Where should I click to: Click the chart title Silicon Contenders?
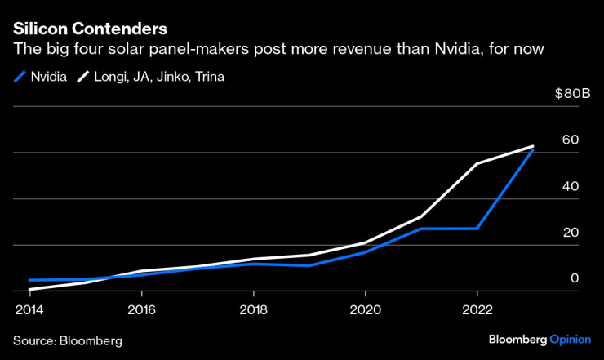coord(91,29)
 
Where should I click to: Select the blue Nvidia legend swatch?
coord(19,78)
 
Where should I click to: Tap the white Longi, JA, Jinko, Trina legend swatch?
coord(83,78)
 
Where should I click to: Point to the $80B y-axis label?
coord(571,95)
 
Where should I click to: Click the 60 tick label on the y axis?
coord(571,140)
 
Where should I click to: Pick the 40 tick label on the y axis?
coord(571,186)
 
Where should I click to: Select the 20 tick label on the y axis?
coord(571,233)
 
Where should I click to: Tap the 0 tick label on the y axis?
coord(575,278)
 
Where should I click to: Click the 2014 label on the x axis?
coord(29,310)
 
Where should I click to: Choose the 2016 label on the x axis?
coord(141,310)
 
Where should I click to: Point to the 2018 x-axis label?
coord(253,310)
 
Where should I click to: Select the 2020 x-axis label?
coord(365,310)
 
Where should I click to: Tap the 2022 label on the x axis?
coord(477,310)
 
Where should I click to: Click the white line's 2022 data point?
coord(477,164)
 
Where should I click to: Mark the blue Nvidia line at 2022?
coord(477,229)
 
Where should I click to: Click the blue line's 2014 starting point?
coord(30,280)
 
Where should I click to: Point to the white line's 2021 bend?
coord(421,216)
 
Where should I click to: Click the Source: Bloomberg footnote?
coord(67,340)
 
